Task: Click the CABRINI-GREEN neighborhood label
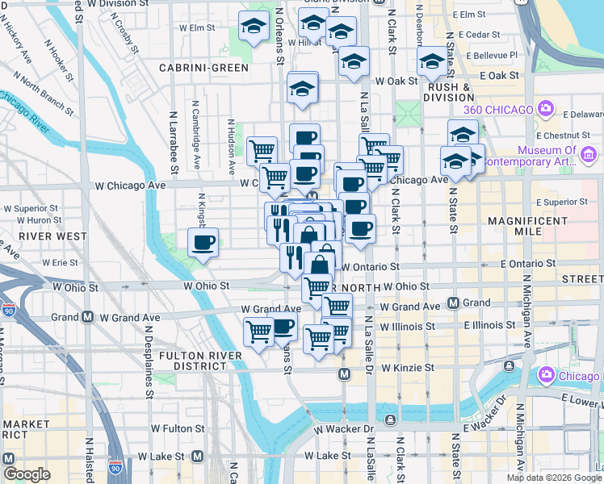[203, 68]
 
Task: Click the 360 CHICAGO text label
[498, 110]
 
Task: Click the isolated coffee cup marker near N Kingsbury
[203, 241]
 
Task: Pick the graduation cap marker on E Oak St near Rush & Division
[432, 63]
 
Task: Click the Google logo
[27, 474]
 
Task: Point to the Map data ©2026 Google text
[553, 478]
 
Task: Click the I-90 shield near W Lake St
[116, 467]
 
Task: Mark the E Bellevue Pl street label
[492, 55]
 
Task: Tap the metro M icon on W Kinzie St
[345, 374]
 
